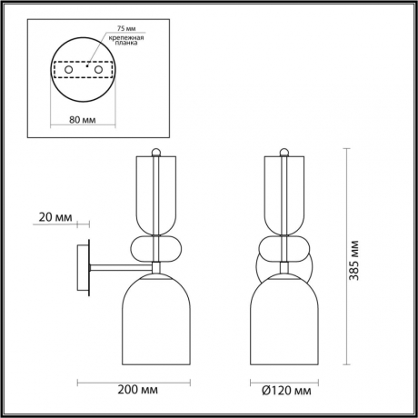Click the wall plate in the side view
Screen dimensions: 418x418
tap(88, 267)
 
